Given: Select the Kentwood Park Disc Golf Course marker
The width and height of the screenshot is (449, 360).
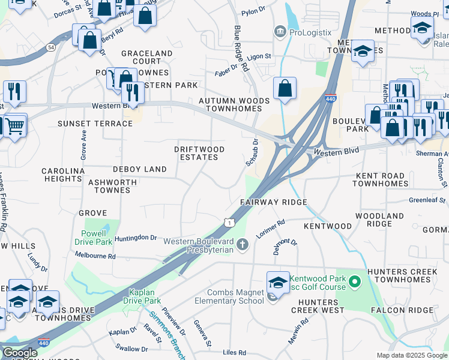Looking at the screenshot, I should click(355, 281).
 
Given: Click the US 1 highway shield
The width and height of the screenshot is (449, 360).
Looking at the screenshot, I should click(229, 222).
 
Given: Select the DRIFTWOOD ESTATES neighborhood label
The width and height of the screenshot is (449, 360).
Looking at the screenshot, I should click(199, 153).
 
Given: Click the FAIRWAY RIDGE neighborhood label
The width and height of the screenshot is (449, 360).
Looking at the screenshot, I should click(274, 202).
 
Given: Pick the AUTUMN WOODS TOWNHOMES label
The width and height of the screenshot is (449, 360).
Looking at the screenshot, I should click(234, 104).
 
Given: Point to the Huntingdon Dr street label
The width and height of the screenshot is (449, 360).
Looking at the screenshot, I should click(135, 238).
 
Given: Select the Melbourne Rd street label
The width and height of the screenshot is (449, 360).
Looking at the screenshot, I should click(95, 256).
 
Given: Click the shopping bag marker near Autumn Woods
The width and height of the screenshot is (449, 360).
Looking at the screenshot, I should click(285, 89).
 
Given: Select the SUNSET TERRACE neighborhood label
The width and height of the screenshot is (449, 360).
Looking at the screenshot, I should click(95, 124).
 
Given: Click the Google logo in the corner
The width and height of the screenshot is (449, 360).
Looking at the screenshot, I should click(19, 353).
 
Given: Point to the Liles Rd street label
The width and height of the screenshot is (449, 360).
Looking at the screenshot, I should click(234, 352).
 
